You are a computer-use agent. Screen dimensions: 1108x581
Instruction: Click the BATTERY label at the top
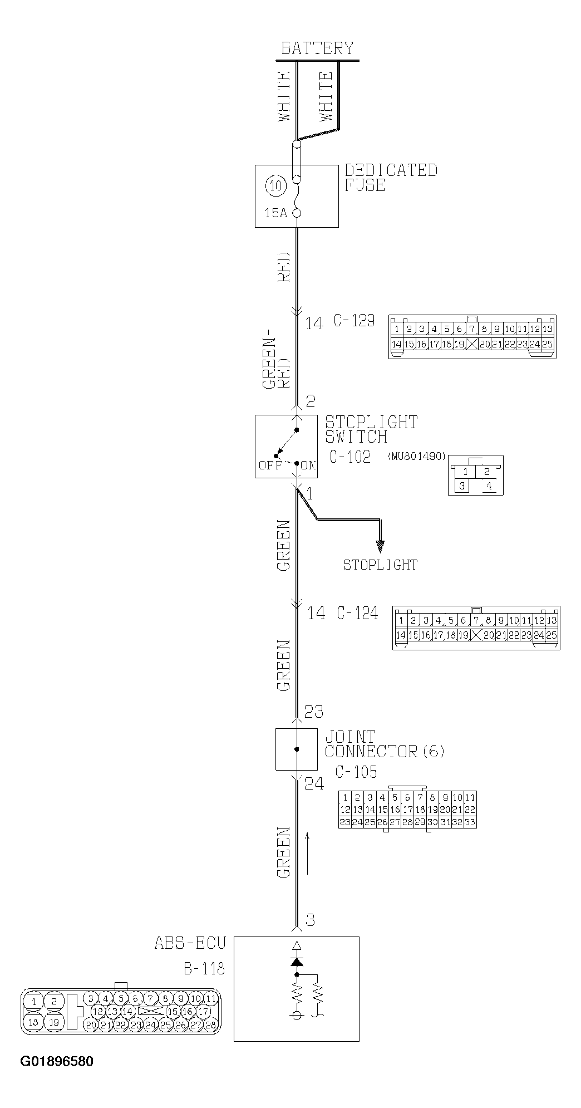click(x=317, y=48)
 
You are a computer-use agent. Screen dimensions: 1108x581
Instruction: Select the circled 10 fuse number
click(x=275, y=185)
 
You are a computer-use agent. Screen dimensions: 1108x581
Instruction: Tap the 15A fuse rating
click(x=275, y=213)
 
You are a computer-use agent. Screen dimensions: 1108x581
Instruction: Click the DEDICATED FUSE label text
click(x=391, y=178)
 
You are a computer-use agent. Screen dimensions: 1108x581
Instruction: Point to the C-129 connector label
click(x=354, y=321)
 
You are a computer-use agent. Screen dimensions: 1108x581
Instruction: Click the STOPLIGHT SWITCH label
click(x=371, y=429)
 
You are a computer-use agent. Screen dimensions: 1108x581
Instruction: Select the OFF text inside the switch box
click(x=270, y=465)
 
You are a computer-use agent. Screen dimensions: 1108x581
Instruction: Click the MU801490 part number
click(x=417, y=456)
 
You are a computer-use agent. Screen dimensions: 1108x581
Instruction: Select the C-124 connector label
click(x=357, y=613)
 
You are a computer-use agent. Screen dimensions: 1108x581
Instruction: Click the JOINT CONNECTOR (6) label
click(x=384, y=744)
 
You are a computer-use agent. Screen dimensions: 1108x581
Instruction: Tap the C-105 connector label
click(x=356, y=772)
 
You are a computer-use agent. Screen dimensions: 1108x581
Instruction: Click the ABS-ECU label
click(x=190, y=943)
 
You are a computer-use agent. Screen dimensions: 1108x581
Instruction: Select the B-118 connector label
click(x=204, y=968)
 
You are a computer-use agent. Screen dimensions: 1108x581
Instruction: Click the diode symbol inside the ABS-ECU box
click(x=297, y=962)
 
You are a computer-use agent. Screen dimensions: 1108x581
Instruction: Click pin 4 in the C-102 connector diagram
click(x=489, y=486)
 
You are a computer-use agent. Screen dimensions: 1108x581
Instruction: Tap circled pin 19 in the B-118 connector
click(x=53, y=1022)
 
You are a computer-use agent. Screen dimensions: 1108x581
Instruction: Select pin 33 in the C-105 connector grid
click(x=470, y=822)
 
